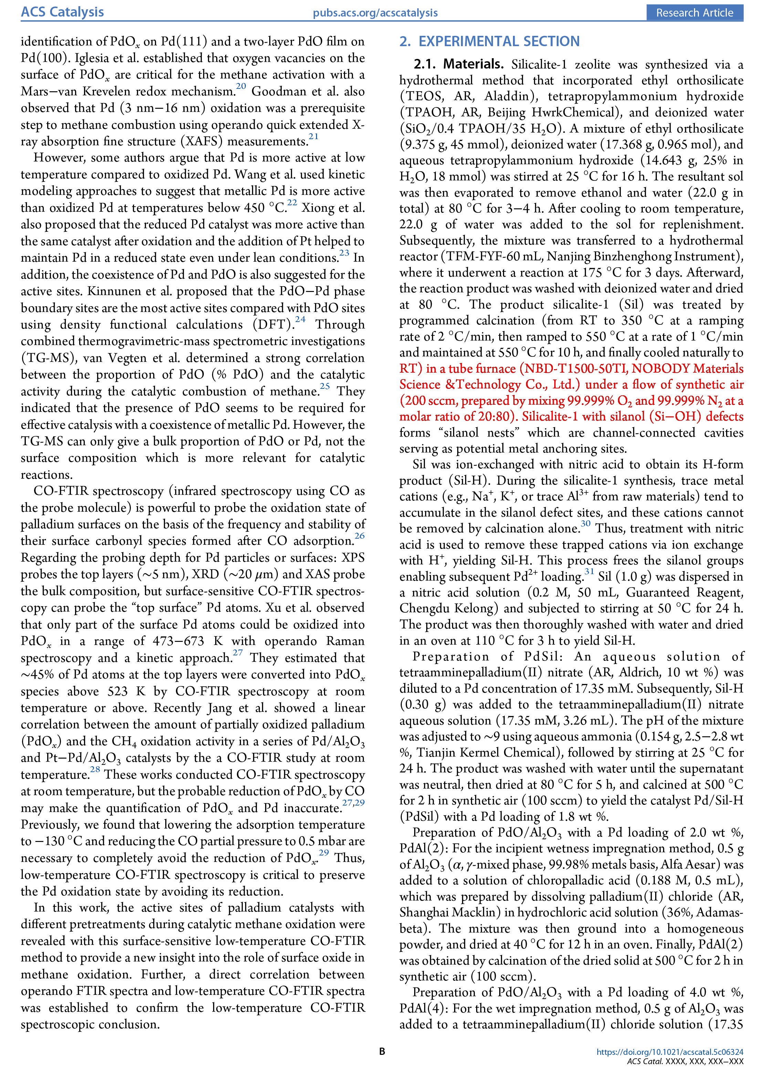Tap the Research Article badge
[694, 13]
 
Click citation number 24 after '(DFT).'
[300, 319]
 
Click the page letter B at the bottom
[382, 1051]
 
